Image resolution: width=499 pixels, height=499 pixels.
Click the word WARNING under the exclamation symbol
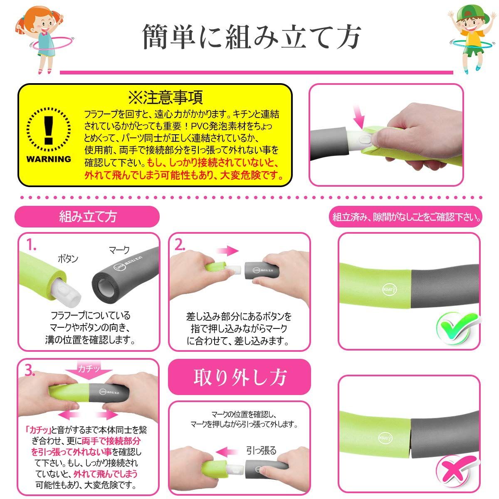coord(49,159)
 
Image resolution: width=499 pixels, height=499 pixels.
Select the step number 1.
coord(32,245)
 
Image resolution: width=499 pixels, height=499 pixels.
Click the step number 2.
coord(180,245)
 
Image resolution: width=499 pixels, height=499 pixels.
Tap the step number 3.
coord(30,371)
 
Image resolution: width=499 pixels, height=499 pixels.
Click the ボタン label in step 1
coord(68,259)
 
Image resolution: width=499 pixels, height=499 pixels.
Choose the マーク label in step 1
coord(119,250)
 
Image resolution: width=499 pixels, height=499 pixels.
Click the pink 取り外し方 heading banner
coord(239,377)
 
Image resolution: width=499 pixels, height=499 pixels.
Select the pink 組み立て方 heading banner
coord(87,217)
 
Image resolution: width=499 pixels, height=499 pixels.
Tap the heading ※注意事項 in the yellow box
coord(166,97)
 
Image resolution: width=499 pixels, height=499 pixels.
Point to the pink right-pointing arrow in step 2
coord(227,250)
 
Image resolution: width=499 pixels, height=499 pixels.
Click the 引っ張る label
coord(261,451)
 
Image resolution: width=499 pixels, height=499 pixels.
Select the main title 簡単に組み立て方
coord(251,37)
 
